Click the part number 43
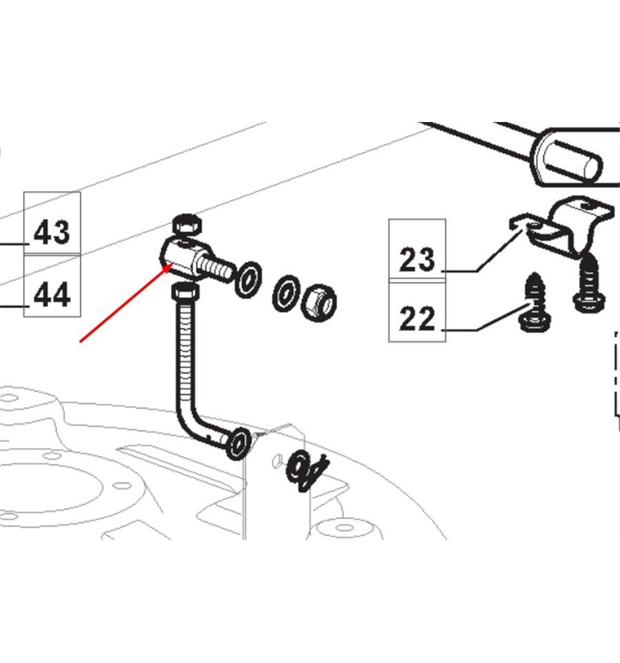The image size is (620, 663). coord(52,232)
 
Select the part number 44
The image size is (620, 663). coord(52,295)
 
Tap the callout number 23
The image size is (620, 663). coord(417,260)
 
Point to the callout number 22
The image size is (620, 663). coord(417,319)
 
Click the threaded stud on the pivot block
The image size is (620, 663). coord(217,266)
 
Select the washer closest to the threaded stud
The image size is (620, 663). coord(248,279)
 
